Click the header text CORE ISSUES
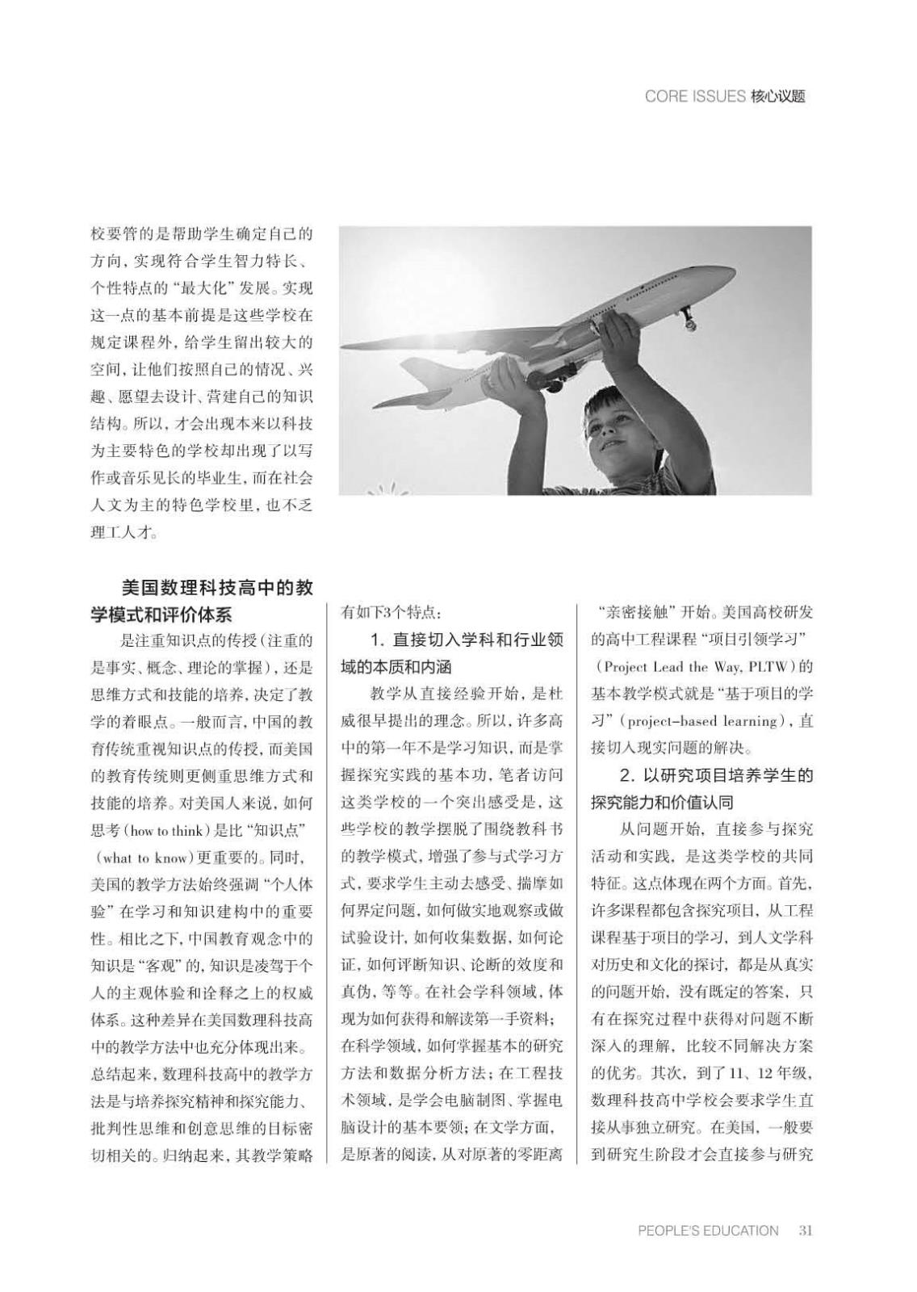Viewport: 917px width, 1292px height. coord(694,97)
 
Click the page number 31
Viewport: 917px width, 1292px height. coord(805,1231)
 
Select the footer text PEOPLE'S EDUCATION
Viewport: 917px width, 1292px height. coord(708,1231)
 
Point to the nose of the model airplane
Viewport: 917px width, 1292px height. coord(726,275)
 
